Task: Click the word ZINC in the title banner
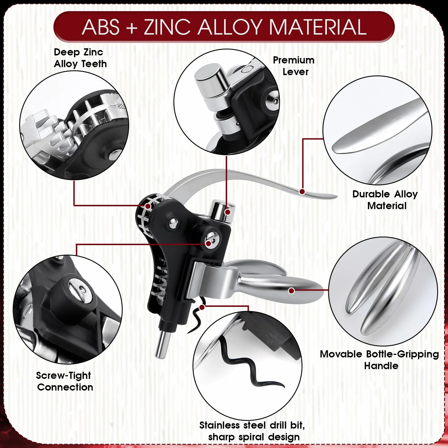click(x=167, y=27)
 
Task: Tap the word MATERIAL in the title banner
click(x=318, y=27)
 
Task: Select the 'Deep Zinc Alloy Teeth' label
click(x=80, y=58)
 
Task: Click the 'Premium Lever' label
click(x=294, y=66)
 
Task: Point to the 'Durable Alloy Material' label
click(x=385, y=200)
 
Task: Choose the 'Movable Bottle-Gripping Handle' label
click(x=379, y=360)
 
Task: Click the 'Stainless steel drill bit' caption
click(x=252, y=425)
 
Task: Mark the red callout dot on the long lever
click(x=302, y=191)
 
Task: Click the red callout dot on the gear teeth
click(x=148, y=206)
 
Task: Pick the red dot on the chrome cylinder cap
click(x=228, y=212)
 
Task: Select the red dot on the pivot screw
click(x=209, y=243)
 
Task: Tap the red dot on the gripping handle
click(x=291, y=291)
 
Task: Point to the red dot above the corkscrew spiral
click(x=202, y=307)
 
